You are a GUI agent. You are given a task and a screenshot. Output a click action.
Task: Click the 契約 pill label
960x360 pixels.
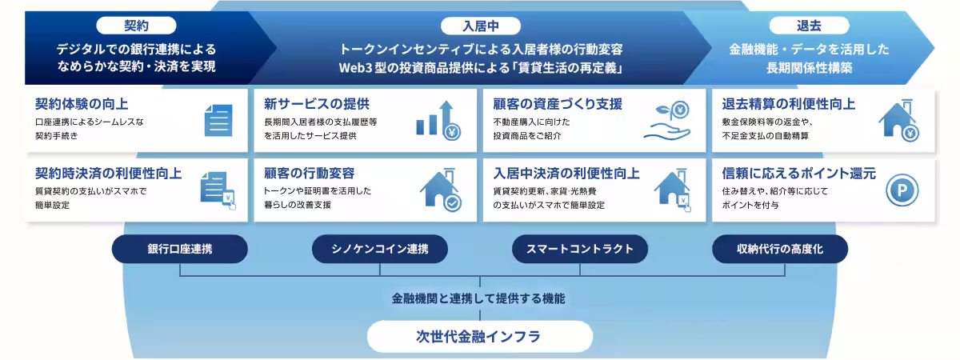tap(136, 25)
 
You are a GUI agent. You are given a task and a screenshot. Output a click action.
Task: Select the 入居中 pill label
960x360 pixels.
tap(480, 25)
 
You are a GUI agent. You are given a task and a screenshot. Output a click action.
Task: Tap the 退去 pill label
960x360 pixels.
tap(809, 25)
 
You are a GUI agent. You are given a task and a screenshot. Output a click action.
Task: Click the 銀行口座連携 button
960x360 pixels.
tap(180, 249)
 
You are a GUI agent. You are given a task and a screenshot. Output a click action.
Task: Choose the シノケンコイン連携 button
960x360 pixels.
tap(380, 249)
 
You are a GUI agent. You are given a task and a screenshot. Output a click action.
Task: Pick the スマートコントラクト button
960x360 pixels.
tap(580, 249)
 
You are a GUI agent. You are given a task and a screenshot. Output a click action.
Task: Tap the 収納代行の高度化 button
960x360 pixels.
tap(780, 249)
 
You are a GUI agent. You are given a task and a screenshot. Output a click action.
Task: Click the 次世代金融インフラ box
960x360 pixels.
tap(479, 336)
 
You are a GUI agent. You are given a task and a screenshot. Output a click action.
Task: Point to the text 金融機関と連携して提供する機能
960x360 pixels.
tap(478, 298)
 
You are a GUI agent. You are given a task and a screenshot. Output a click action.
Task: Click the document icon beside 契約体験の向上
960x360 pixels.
tap(217, 120)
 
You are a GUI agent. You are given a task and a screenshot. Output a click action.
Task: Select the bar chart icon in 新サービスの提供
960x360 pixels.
tap(436, 120)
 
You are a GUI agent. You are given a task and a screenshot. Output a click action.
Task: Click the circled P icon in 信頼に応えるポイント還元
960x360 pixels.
tap(902, 190)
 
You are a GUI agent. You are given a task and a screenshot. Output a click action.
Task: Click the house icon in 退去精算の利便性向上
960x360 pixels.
tap(898, 120)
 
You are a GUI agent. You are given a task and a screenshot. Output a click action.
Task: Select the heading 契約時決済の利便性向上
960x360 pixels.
tap(108, 174)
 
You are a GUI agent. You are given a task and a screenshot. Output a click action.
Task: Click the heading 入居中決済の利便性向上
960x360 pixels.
tap(566, 174)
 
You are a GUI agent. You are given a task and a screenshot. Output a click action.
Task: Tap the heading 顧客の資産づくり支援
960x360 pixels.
tap(558, 104)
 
